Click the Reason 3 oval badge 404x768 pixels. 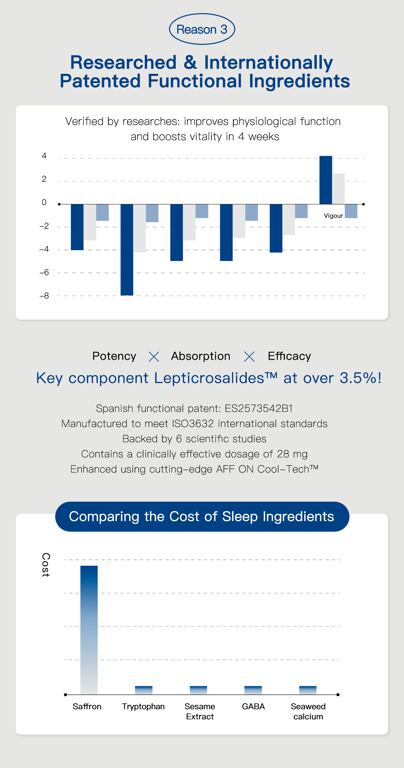[x=202, y=29]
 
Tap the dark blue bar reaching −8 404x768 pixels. [x=127, y=249]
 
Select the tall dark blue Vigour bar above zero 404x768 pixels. [x=326, y=180]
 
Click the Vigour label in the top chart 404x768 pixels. [x=333, y=216]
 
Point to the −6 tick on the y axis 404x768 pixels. [x=44, y=272]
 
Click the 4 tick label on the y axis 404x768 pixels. [x=44, y=156]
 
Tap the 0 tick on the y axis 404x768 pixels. [x=44, y=202]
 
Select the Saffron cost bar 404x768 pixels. [x=89, y=630]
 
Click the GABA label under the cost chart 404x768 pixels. [x=253, y=706]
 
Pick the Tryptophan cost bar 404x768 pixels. [x=144, y=690]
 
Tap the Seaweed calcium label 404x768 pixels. [x=308, y=711]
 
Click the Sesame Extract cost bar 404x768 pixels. [x=198, y=690]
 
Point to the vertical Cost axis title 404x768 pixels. [x=46, y=565]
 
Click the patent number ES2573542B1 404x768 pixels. [x=259, y=408]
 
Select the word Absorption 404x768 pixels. [x=201, y=356]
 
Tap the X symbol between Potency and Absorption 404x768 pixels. [x=154, y=357]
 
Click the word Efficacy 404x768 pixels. [x=289, y=356]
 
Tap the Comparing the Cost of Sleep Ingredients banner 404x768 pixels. [x=202, y=516]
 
